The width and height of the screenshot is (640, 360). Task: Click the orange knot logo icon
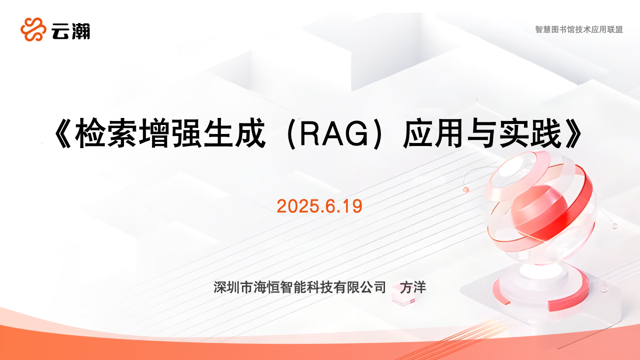point(33,29)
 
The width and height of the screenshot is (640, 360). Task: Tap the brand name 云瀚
point(71,31)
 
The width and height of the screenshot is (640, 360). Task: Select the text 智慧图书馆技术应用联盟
point(579,29)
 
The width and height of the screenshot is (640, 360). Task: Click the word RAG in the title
point(334,134)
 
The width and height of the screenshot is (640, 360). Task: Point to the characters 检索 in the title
point(105,133)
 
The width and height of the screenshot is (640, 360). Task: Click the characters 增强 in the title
point(170,133)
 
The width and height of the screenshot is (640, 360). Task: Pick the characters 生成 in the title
point(234,133)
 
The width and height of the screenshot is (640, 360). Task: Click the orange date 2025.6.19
point(319,206)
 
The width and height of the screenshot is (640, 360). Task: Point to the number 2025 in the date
point(298,206)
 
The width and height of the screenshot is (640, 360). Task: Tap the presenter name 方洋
point(413,287)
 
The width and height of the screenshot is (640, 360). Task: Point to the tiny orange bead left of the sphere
point(465,189)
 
